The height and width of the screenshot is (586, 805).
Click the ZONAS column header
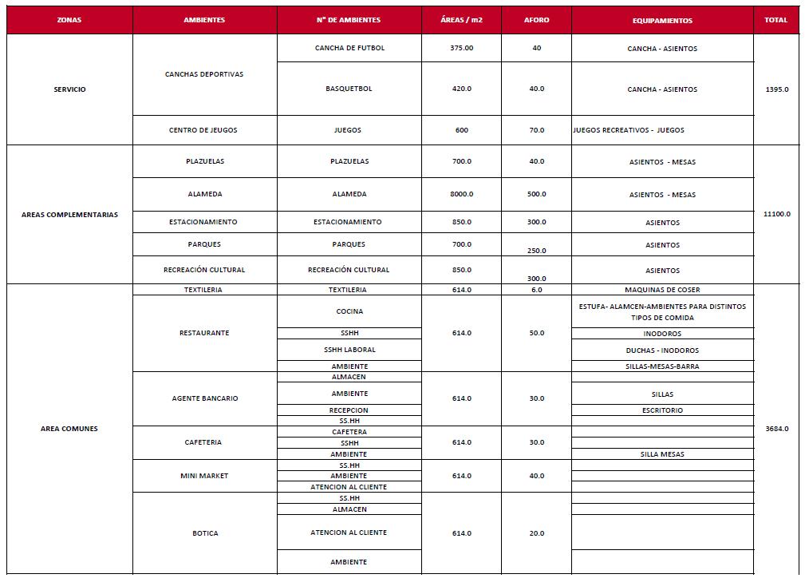point(69,20)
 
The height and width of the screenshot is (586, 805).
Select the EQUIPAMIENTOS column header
point(662,21)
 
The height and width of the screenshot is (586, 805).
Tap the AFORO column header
point(536,20)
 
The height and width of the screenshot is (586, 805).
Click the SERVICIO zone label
point(69,89)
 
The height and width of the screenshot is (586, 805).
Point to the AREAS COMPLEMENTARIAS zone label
point(69,215)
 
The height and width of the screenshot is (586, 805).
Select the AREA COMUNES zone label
point(69,429)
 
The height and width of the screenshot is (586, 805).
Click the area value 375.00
point(461,48)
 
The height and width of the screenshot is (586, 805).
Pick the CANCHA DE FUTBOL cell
point(349,48)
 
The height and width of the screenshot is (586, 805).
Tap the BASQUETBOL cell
point(349,89)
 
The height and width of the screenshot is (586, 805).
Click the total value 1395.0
point(776,89)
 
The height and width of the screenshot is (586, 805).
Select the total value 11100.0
point(776,214)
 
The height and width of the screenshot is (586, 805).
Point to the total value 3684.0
point(776,429)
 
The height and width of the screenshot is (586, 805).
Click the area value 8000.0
point(461,194)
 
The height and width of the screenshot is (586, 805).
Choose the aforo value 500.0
point(536,194)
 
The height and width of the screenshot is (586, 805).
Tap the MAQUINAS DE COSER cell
point(662,290)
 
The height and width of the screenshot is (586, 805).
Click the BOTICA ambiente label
point(205,533)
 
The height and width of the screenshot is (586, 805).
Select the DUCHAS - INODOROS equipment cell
point(662,350)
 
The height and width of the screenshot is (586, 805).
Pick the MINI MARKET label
point(204,476)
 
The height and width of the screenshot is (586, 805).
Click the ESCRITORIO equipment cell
point(662,410)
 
